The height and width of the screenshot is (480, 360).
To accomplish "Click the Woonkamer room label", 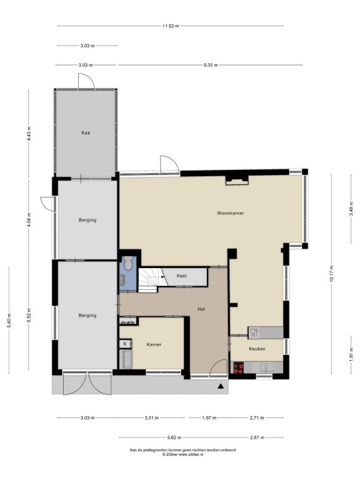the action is coord(230,213).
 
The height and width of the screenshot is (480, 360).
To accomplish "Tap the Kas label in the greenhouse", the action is coord(86,133).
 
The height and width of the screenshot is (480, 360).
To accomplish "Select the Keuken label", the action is coord(257,349).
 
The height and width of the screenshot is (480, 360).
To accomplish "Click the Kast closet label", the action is coord(181,276).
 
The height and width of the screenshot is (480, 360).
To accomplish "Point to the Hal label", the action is coord(201,309).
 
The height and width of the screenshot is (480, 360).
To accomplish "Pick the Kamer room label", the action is coord(154,344).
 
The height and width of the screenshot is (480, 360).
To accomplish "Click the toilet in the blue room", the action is coord(128,264).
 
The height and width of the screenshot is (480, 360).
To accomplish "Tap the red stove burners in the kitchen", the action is coord(239,368).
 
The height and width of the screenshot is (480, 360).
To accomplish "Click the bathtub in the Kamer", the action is coord(126,359).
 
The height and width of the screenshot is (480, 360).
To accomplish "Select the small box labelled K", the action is coord(125,344).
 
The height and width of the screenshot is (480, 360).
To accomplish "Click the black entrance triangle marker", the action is coord(221,386).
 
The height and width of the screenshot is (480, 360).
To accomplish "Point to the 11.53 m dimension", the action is coord(171,26).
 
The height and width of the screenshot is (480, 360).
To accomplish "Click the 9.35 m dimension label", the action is coord(211,65).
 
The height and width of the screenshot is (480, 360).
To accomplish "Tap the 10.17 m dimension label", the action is coord(331,274).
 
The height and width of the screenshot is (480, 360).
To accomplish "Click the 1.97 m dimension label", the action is coord(209,417).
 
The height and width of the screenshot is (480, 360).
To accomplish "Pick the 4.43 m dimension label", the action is coord(29,134).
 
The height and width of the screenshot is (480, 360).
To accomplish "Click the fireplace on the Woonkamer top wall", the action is coord(237,180).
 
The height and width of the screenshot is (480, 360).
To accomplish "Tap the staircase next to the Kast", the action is coord(150,280).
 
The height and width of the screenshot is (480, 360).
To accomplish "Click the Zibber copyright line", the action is coord(182,454).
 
